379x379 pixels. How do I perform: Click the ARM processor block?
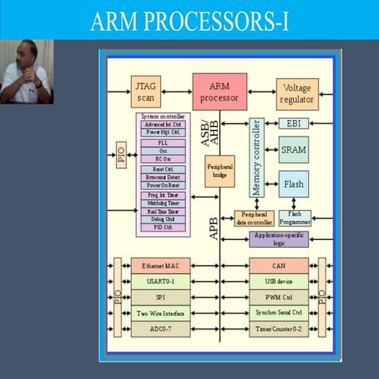click(218, 92)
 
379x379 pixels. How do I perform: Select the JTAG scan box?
click(145, 91)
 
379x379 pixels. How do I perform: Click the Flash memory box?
click(293, 185)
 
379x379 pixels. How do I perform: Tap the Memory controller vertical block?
click(256, 159)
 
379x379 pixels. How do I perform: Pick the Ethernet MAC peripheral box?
click(161, 267)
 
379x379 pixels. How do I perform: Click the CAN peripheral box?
click(279, 267)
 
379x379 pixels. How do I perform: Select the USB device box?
click(279, 282)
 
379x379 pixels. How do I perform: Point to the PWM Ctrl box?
click(279, 298)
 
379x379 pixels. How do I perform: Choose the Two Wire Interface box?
click(161, 313)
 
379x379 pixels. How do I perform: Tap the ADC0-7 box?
click(161, 328)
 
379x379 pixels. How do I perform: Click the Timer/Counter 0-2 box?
click(279, 328)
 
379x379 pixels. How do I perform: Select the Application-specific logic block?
click(280, 238)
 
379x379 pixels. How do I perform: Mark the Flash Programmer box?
click(295, 217)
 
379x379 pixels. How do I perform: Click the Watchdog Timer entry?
click(163, 204)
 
